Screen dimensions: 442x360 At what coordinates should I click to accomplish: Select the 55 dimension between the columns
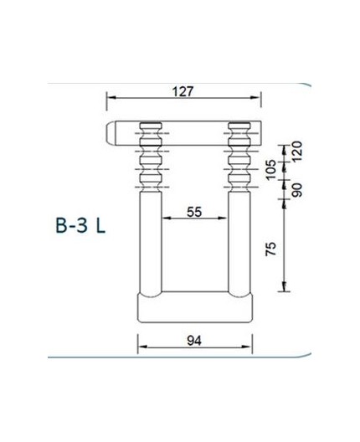coord(194,212)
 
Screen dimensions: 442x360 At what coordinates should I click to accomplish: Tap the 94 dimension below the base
coord(194,341)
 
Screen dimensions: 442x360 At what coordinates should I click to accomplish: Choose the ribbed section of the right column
coord(239,155)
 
